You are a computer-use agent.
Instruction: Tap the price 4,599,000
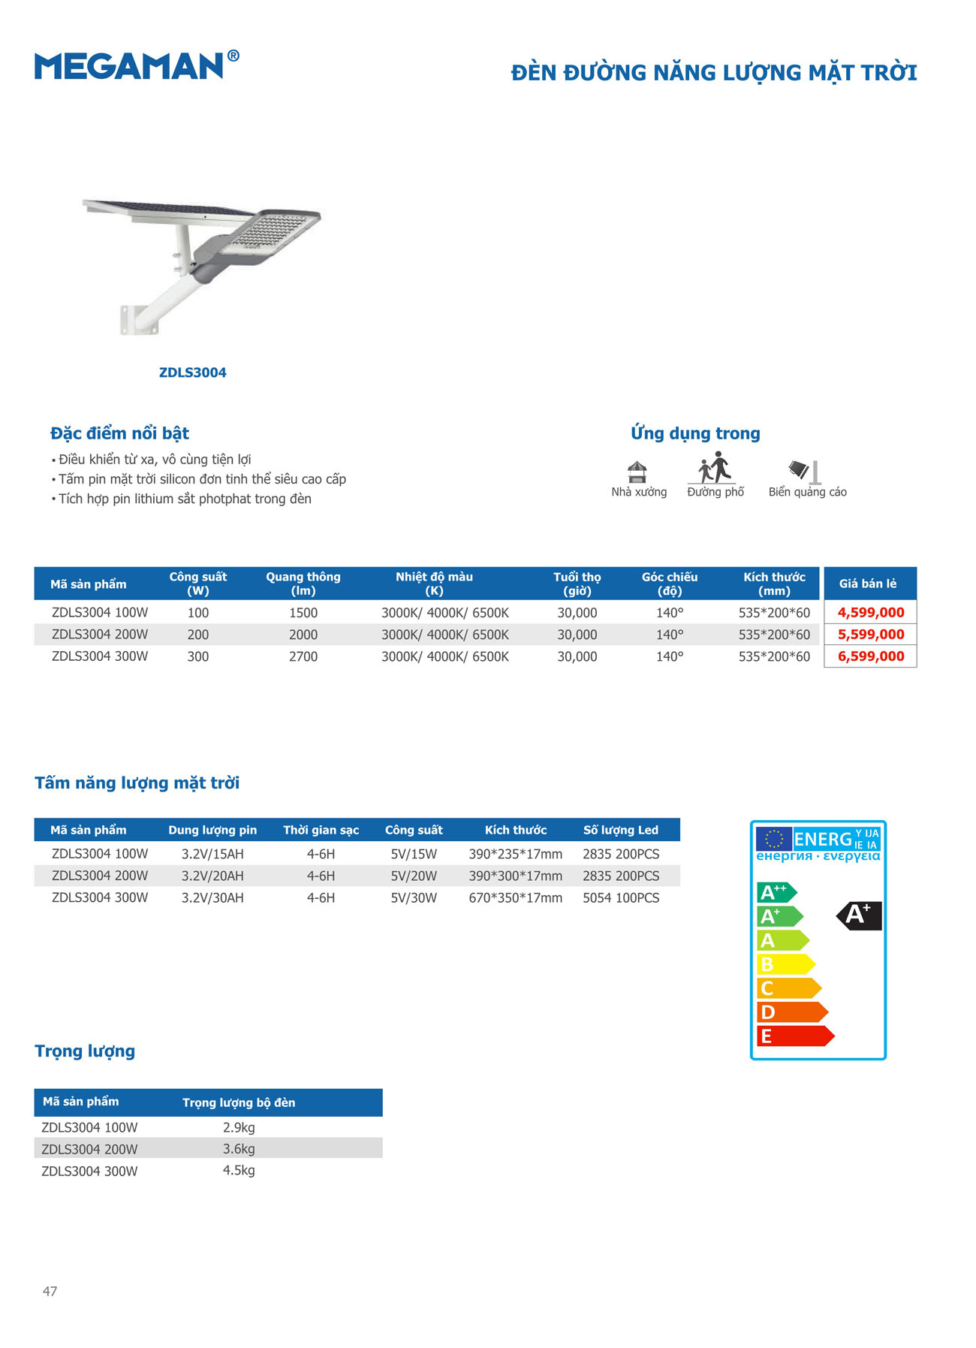click(x=871, y=613)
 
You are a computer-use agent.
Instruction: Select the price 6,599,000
click(x=871, y=656)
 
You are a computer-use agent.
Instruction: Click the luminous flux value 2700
click(x=303, y=657)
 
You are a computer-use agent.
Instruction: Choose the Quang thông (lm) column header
click(x=303, y=584)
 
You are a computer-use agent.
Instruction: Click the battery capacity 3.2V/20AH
click(x=212, y=876)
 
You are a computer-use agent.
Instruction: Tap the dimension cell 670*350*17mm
click(x=515, y=898)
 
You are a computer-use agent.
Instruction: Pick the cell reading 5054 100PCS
click(x=621, y=898)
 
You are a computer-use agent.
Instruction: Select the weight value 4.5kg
click(x=239, y=1171)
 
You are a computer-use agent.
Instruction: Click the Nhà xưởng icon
click(x=637, y=472)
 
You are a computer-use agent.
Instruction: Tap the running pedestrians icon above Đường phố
click(x=715, y=468)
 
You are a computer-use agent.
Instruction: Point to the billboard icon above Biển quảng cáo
click(x=805, y=472)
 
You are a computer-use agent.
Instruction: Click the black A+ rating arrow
click(x=860, y=915)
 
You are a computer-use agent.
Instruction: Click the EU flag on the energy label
click(x=773, y=839)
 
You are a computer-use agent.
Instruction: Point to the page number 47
click(x=50, y=1292)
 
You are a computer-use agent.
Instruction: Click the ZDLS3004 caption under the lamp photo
click(x=193, y=372)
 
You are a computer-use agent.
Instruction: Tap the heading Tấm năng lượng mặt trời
click(x=137, y=783)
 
